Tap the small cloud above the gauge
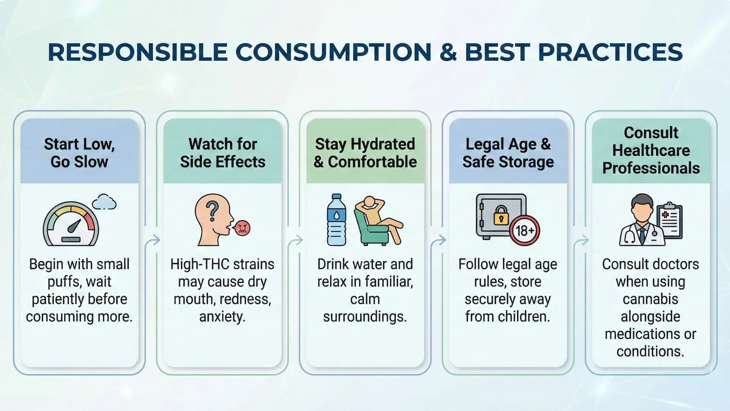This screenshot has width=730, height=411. [x=104, y=202]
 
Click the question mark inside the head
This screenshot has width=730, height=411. [x=212, y=211]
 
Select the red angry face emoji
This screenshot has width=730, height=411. [x=242, y=228]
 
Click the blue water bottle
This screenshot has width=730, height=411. [x=336, y=220]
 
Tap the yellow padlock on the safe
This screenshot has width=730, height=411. [x=501, y=215]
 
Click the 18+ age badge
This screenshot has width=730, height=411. [x=525, y=230]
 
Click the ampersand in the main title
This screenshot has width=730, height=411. [x=448, y=52]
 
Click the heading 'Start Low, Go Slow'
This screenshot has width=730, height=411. [x=79, y=153]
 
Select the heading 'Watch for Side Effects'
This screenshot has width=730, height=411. [x=222, y=153]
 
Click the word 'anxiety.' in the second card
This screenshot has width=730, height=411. [x=222, y=317]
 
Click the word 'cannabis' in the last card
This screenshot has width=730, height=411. [x=651, y=299]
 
